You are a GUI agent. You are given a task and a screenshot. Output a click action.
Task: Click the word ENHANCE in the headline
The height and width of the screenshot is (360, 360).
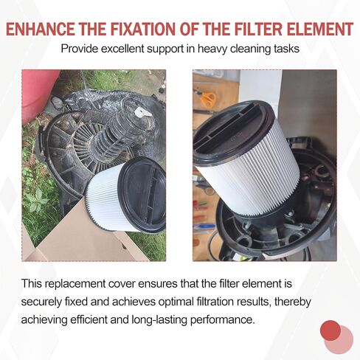[x=41, y=29]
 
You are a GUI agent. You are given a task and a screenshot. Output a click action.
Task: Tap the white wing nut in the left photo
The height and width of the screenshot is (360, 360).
[x=142, y=112]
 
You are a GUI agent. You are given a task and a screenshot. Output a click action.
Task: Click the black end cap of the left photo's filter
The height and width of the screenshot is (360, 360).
[x=143, y=194]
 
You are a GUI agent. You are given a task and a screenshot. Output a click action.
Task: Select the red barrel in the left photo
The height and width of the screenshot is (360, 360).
[x=37, y=94]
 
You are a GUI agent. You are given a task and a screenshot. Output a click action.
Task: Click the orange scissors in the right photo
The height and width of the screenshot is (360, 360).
[x=208, y=98]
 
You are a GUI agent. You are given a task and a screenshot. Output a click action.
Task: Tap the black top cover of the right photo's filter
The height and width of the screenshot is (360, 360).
[x=234, y=131]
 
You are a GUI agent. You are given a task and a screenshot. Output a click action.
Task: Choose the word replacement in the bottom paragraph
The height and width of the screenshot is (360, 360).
[x=76, y=284]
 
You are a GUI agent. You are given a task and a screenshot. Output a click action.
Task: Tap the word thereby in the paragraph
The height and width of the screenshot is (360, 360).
[x=293, y=302]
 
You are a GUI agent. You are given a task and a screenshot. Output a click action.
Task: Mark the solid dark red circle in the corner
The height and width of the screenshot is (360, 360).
[x=330, y=330]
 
